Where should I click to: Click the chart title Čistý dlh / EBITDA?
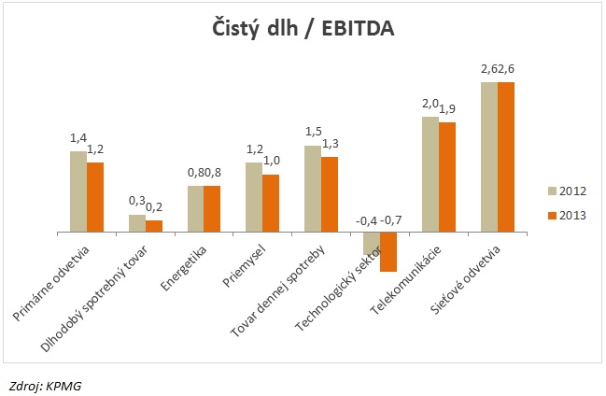[302, 30]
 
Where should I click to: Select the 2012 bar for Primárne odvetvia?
[78, 191]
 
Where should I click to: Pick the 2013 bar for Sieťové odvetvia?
[506, 156]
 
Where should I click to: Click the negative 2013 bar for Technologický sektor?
[388, 251]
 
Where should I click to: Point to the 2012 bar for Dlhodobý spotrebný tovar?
[136, 222]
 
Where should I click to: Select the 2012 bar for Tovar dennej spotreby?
[313, 188]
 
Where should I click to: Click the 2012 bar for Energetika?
[195, 207]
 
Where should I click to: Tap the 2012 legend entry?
[566, 191]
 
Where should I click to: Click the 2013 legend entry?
[566, 215]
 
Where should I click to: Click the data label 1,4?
[78, 138]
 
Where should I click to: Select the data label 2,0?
[430, 105]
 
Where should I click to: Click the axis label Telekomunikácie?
[404, 277]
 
